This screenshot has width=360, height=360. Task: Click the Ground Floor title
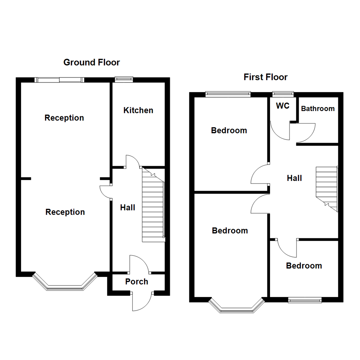(92, 62)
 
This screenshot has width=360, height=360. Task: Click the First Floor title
(265, 77)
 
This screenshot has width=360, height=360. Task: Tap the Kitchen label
(138, 110)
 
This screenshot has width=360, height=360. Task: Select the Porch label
(137, 282)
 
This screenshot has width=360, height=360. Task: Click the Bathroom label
(318, 109)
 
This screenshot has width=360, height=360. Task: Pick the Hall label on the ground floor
(128, 208)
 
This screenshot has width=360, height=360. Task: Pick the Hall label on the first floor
(294, 178)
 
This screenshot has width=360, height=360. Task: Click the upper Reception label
(64, 118)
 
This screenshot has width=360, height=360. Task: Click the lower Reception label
(65, 212)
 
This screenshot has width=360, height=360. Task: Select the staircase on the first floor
(327, 188)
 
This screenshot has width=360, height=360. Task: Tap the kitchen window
(124, 79)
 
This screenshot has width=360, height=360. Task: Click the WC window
(283, 94)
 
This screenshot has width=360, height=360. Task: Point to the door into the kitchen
(133, 162)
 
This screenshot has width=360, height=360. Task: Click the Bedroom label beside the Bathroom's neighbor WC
(229, 130)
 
